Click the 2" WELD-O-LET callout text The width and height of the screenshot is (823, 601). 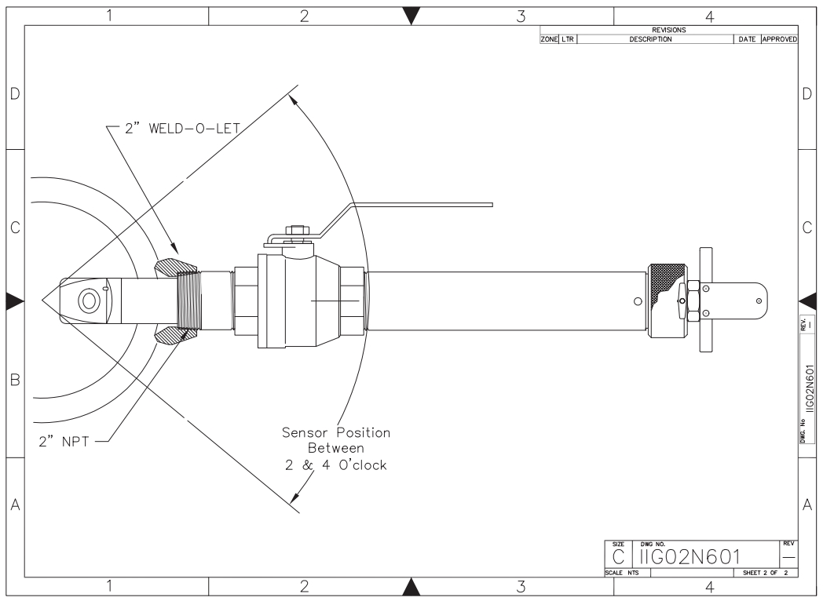coord(182,129)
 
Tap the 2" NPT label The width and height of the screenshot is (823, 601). coord(64,442)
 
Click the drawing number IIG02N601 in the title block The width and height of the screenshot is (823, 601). coord(689,557)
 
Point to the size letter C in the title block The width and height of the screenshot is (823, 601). coord(618,557)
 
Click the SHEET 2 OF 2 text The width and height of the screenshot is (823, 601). coord(765,573)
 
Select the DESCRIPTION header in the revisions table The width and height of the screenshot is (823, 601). coord(650,39)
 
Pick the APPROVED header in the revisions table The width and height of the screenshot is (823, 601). coord(780,39)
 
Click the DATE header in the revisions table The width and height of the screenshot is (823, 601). coord(747,39)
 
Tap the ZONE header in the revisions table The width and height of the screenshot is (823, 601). coord(549,39)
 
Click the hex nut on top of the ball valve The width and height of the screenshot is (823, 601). coord(297,230)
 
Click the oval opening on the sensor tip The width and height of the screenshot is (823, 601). coord(88,301)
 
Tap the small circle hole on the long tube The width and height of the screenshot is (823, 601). coord(638,301)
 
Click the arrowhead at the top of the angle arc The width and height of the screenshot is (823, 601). coord(295,101)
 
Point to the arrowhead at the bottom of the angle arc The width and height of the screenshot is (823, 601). coord(295,497)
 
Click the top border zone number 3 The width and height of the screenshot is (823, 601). coord(521,16)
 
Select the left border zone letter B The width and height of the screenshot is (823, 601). coord(15,380)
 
